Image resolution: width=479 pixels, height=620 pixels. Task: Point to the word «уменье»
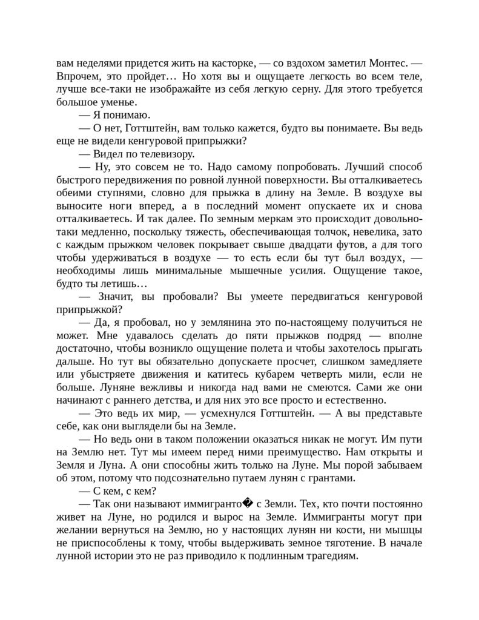pos(130,102)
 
